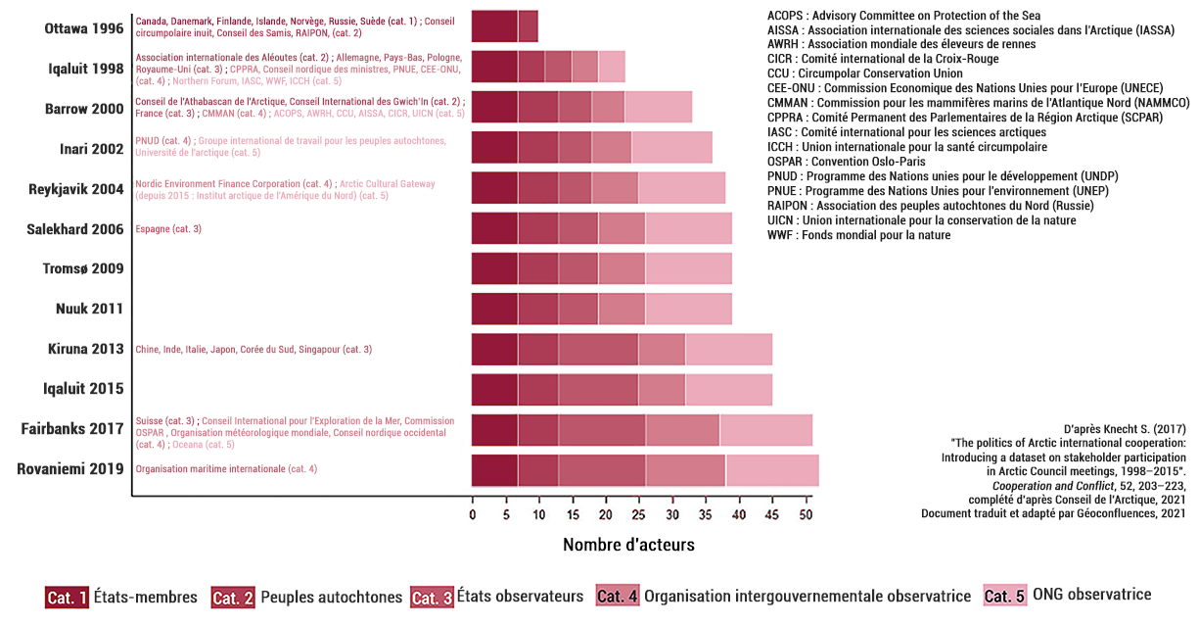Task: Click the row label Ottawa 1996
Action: [84, 28]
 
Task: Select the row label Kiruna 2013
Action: [86, 349]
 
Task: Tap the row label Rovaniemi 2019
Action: [70, 469]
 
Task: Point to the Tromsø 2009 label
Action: [83, 268]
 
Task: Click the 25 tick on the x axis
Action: [639, 514]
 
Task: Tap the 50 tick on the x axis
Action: [806, 514]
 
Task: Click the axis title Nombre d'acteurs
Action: [628, 545]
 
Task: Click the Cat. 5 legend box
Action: [1005, 596]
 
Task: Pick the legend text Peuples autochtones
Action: [331, 597]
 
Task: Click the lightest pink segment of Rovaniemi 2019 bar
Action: [772, 470]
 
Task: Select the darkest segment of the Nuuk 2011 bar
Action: [494, 309]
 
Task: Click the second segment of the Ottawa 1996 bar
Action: [528, 26]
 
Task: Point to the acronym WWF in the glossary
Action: [780, 235]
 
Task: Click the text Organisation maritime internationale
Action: [209, 469]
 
